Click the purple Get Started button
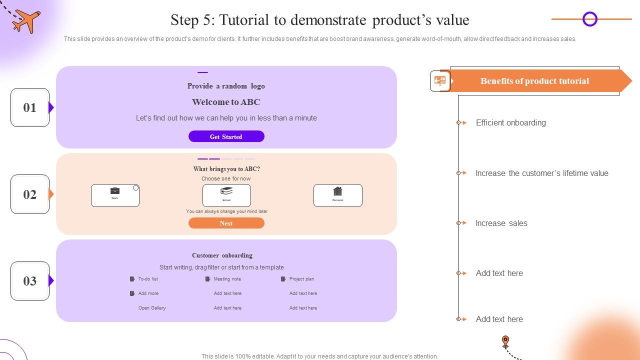click(x=226, y=136)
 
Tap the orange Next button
click(x=226, y=223)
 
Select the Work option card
click(x=115, y=195)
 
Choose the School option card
click(x=226, y=195)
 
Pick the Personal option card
click(x=337, y=195)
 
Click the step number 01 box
click(x=30, y=107)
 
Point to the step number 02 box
click(x=30, y=194)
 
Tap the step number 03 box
click(x=30, y=281)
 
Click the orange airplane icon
click(x=26, y=21)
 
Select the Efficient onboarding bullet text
click(x=510, y=122)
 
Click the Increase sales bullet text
click(x=501, y=223)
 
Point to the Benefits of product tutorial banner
click(x=534, y=81)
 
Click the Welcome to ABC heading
click(x=226, y=102)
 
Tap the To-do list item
click(x=147, y=279)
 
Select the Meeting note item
click(x=227, y=279)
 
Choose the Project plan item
click(x=301, y=279)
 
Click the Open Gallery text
click(x=152, y=308)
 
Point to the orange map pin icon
click(x=505, y=341)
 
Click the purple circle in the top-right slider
click(x=590, y=19)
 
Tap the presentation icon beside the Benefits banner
click(x=440, y=81)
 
